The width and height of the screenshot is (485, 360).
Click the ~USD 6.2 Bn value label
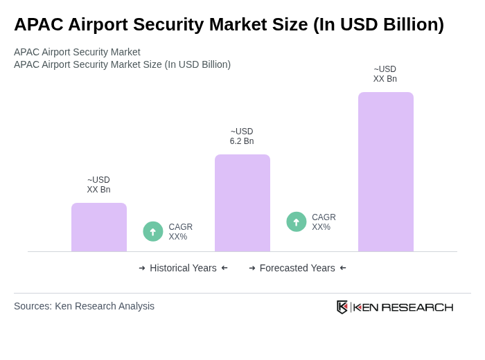click(x=242, y=136)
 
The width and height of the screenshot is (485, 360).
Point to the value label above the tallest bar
click(x=385, y=74)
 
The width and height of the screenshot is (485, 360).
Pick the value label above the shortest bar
click(x=98, y=185)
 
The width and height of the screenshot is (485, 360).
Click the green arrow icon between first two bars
click(x=153, y=231)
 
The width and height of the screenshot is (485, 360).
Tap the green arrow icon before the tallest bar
click(x=297, y=222)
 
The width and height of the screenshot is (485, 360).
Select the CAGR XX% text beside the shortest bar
click(x=180, y=232)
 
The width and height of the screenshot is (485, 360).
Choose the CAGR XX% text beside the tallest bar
click(x=324, y=222)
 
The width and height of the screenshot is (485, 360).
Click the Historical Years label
click(x=183, y=268)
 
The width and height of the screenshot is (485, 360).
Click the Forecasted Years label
click(x=297, y=268)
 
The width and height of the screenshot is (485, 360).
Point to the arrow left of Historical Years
click(x=142, y=268)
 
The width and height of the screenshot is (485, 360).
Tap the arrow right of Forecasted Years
click(x=343, y=268)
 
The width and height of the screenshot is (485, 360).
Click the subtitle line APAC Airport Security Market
click(x=77, y=52)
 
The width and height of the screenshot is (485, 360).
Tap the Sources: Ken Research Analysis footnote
click(x=84, y=306)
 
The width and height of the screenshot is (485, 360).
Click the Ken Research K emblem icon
click(x=342, y=307)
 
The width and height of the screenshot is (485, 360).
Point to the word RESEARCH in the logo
click(x=417, y=307)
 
